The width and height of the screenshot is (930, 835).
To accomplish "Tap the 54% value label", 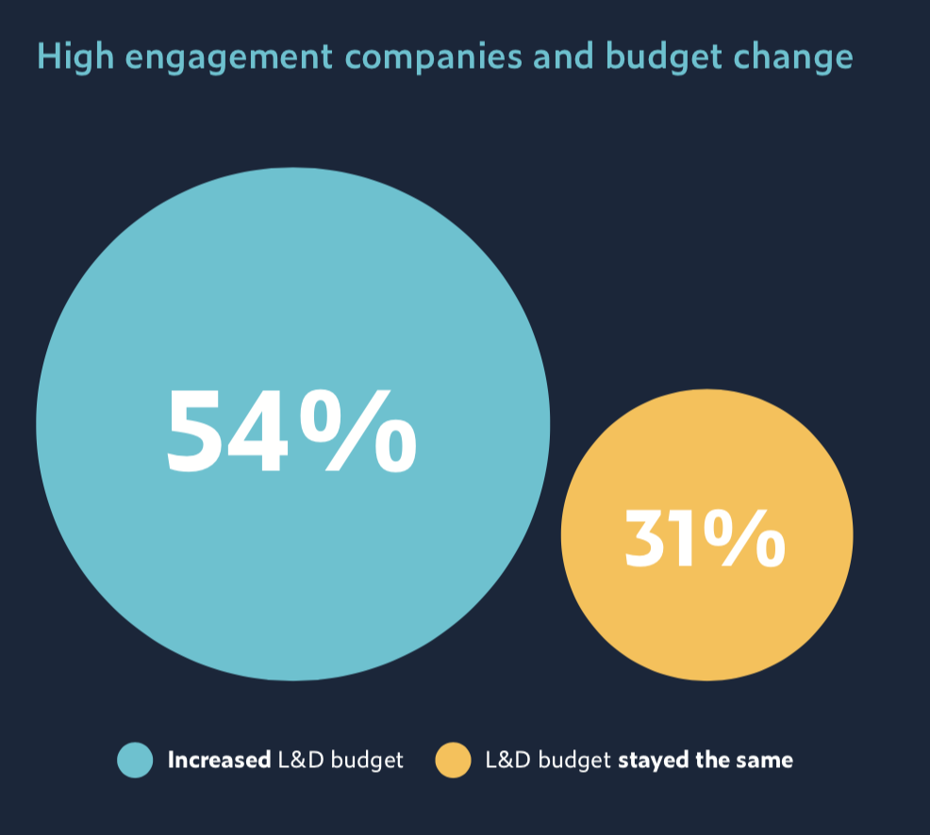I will (291, 431).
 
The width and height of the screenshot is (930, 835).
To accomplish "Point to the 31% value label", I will (705, 538).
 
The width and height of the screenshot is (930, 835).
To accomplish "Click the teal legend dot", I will (135, 760).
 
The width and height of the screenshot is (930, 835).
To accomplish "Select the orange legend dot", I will (453, 760).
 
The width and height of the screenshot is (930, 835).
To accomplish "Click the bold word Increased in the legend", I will (219, 760).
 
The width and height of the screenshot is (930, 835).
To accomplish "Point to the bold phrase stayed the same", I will (706, 760).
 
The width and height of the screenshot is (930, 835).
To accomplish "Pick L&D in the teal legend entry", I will (300, 760).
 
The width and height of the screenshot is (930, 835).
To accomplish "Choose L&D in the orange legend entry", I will (507, 760).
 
